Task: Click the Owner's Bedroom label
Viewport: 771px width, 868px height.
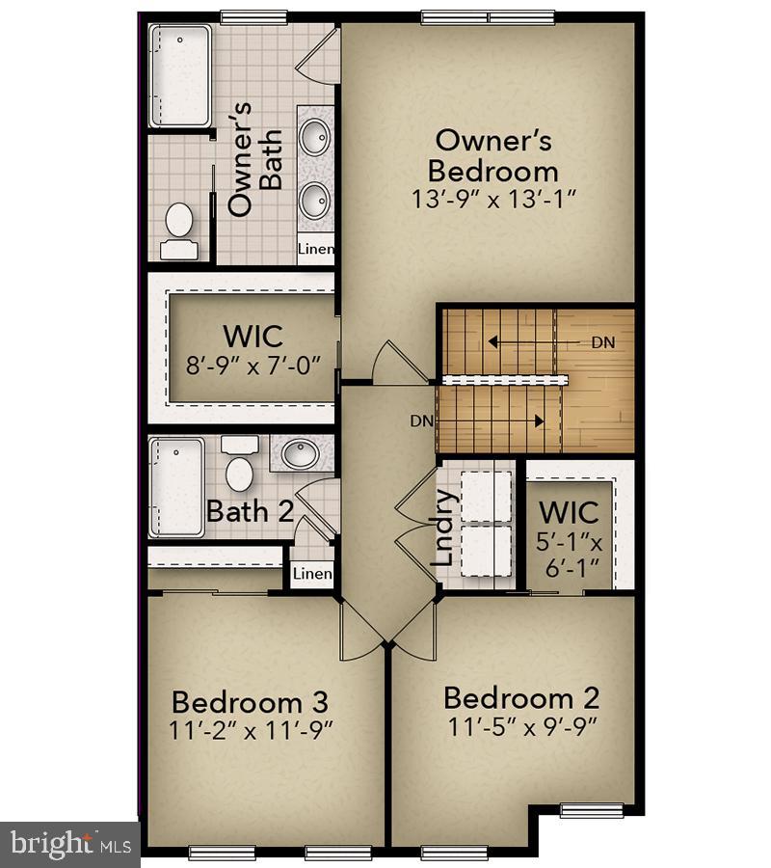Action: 492,155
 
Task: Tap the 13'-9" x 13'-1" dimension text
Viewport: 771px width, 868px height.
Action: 492,201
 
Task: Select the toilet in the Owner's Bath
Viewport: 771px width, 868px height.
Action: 178,230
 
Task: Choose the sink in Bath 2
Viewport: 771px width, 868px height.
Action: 300,453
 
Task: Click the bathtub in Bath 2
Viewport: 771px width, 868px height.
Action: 176,486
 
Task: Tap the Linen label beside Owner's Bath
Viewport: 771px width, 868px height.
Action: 315,250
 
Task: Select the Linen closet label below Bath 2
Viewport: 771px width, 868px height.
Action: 312,574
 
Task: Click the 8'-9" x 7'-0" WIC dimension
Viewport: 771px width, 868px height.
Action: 253,366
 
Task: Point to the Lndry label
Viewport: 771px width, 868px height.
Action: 443,528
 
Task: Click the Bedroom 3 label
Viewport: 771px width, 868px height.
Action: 251,701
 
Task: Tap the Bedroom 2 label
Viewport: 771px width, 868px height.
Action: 521,697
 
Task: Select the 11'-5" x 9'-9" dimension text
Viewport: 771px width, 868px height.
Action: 521,726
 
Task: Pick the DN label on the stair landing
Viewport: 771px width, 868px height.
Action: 602,342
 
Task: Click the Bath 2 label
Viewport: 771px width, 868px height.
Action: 250,511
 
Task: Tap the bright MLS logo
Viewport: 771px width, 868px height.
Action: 69,844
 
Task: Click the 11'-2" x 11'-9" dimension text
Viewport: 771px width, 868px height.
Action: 251,730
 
